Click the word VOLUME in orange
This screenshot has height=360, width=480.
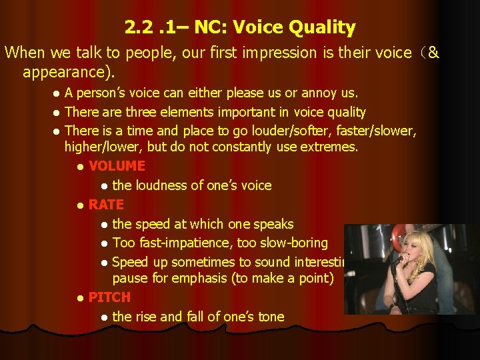(x=117, y=166)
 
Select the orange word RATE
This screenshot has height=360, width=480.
(x=106, y=205)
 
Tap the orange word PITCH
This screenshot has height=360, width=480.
(x=109, y=297)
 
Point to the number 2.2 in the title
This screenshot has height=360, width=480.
(x=139, y=28)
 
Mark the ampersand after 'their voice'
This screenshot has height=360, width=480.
(x=433, y=53)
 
